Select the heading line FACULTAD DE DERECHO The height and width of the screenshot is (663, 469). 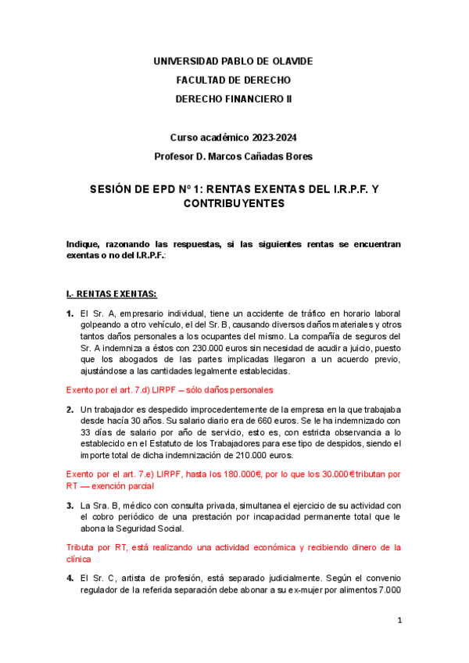tap(234, 80)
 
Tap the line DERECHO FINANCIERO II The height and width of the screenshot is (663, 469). tap(234, 99)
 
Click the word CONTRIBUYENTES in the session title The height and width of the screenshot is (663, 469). tap(234, 203)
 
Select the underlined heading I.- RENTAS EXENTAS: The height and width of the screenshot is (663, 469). tap(112, 294)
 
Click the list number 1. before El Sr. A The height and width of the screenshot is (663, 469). tap(70, 314)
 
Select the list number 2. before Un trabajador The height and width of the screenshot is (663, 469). tap(70, 409)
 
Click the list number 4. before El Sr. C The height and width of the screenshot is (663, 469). tap(70, 578)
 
